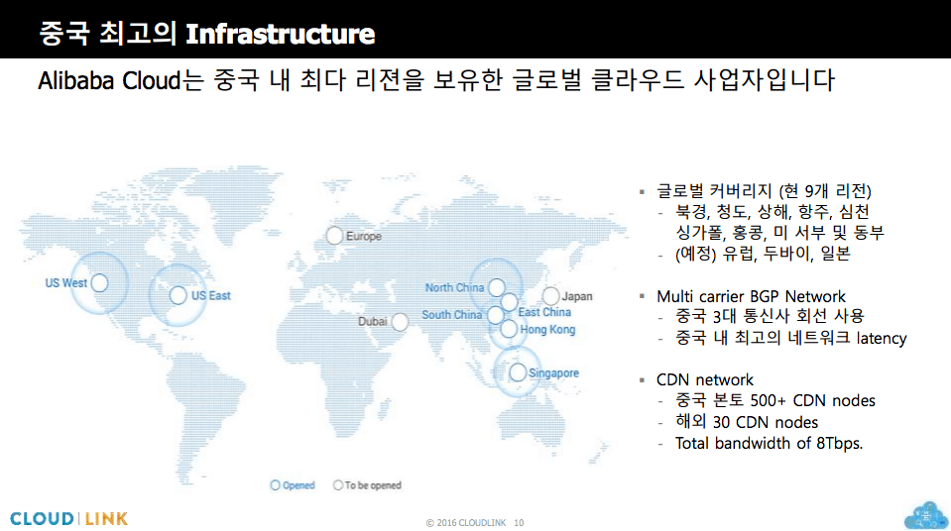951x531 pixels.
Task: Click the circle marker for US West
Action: [99, 282]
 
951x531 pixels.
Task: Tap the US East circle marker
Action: [178, 295]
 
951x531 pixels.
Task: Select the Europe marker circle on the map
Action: [334, 236]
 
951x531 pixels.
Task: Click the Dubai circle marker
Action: [400, 322]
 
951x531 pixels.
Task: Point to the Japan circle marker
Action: [550, 296]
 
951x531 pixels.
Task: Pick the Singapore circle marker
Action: [518, 372]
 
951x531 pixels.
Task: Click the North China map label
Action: [454, 288]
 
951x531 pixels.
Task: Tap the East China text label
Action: [544, 312]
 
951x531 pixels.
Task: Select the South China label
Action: [452, 315]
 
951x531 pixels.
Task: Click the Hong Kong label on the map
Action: [547, 330]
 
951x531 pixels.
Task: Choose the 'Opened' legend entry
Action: [293, 484]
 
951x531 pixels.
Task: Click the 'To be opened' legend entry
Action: [367, 484]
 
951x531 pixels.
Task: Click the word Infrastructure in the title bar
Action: [281, 34]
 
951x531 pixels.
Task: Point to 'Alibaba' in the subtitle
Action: [75, 80]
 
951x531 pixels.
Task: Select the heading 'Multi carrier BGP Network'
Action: [751, 296]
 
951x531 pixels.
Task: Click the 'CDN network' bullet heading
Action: [705, 380]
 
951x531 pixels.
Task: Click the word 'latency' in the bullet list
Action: [882, 338]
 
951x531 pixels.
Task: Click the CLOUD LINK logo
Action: [69, 519]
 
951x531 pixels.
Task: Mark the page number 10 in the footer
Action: [519, 522]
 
